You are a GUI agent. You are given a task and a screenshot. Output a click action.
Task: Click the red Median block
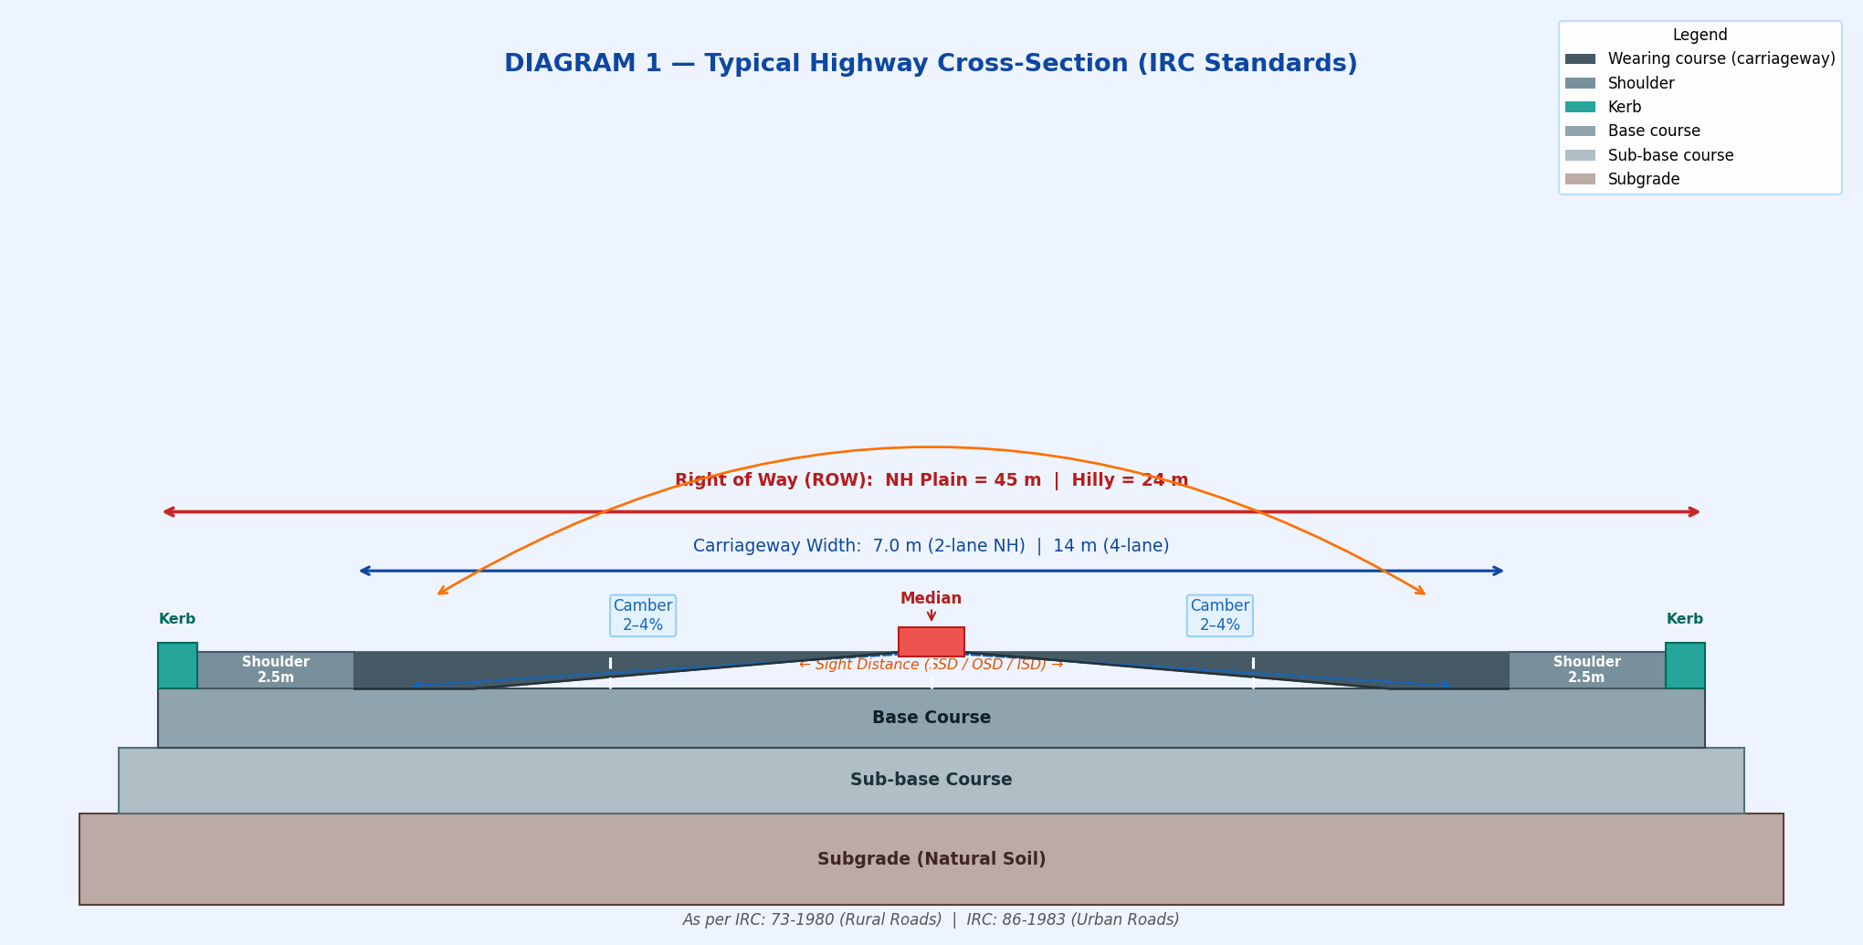pyautogui.click(x=931, y=641)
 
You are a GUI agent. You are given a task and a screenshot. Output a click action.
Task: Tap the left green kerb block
pyautogui.click(x=177, y=666)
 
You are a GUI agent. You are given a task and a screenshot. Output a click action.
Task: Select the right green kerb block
pyautogui.click(x=1685, y=666)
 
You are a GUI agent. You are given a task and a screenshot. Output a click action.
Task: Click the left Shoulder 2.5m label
pyautogui.click(x=276, y=669)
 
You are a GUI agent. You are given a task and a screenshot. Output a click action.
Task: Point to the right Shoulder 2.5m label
pyautogui.click(x=1586, y=669)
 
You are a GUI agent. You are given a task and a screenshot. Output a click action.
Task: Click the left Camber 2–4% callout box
pyautogui.click(x=643, y=615)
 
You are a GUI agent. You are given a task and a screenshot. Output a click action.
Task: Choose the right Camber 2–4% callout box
pyautogui.click(x=1219, y=615)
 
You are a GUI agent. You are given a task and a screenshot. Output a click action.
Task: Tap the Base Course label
pyautogui.click(x=931, y=718)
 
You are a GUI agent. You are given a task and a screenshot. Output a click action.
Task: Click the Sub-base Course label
pyautogui.click(x=931, y=780)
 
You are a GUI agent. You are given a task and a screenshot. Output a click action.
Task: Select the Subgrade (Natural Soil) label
pyautogui.click(x=931, y=859)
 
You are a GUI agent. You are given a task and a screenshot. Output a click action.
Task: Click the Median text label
pyautogui.click(x=931, y=599)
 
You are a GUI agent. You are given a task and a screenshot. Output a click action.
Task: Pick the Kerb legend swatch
pyautogui.click(x=1580, y=107)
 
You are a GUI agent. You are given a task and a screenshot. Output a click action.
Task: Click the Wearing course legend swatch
pyautogui.click(x=1580, y=59)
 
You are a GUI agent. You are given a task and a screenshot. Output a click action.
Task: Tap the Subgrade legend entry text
pyautogui.click(x=1644, y=180)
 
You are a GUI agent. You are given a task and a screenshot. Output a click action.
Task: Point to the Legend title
pyautogui.click(x=1700, y=35)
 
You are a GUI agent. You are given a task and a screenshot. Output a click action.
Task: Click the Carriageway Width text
pyautogui.click(x=931, y=546)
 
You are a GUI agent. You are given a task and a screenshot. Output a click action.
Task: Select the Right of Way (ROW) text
pyautogui.click(x=931, y=480)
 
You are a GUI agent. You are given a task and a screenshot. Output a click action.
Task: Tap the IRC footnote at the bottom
pyautogui.click(x=931, y=919)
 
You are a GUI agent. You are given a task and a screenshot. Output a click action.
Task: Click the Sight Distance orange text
pyautogui.click(x=931, y=665)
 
